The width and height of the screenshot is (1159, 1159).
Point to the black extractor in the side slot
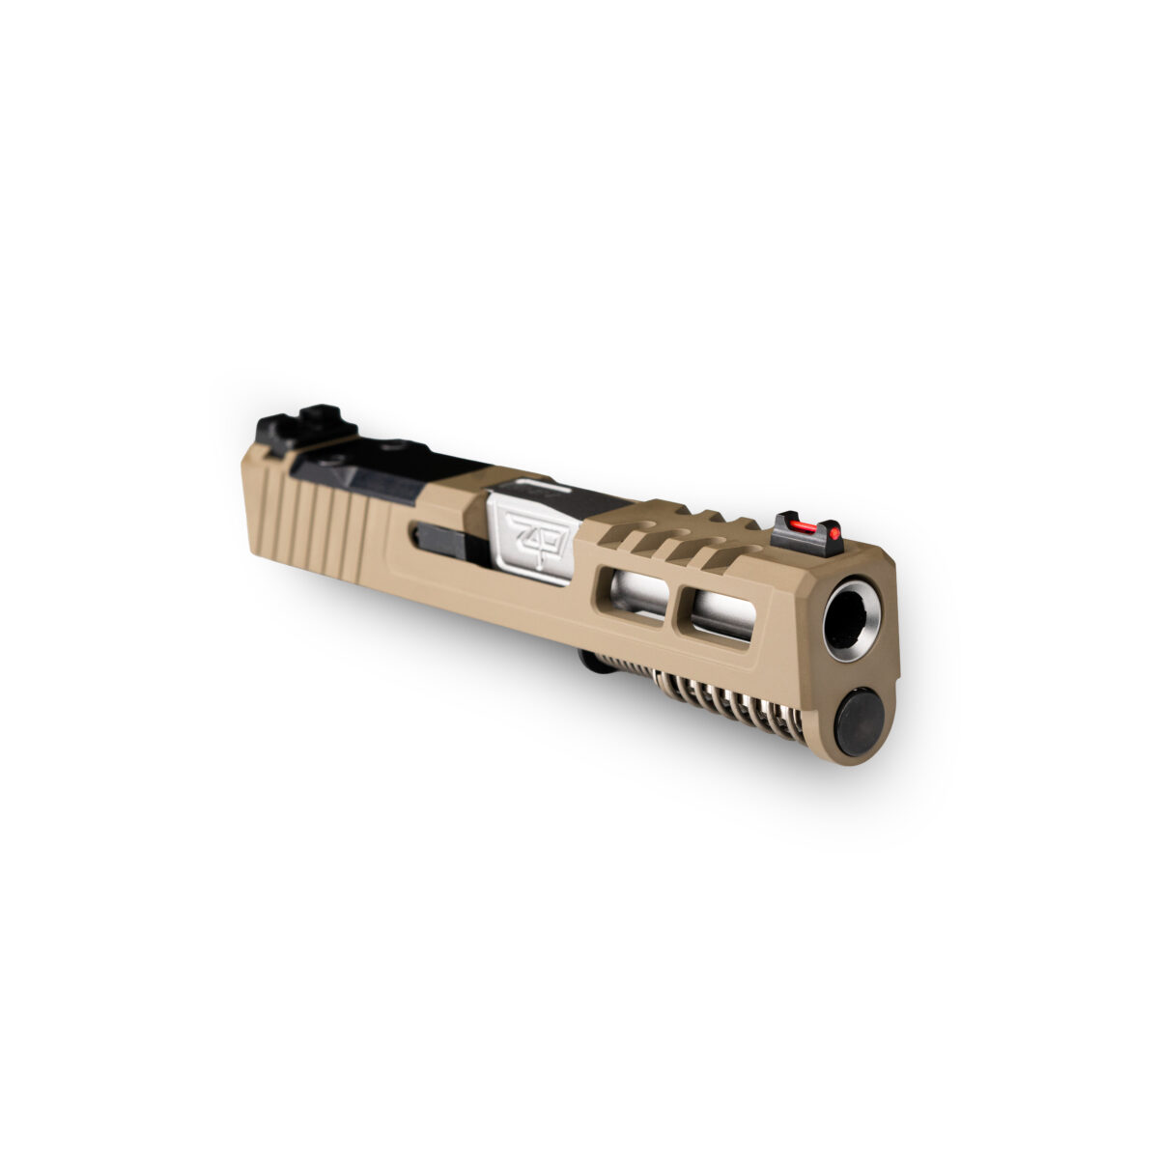point(447,541)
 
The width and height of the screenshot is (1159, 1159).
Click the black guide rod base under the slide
point(588,659)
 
